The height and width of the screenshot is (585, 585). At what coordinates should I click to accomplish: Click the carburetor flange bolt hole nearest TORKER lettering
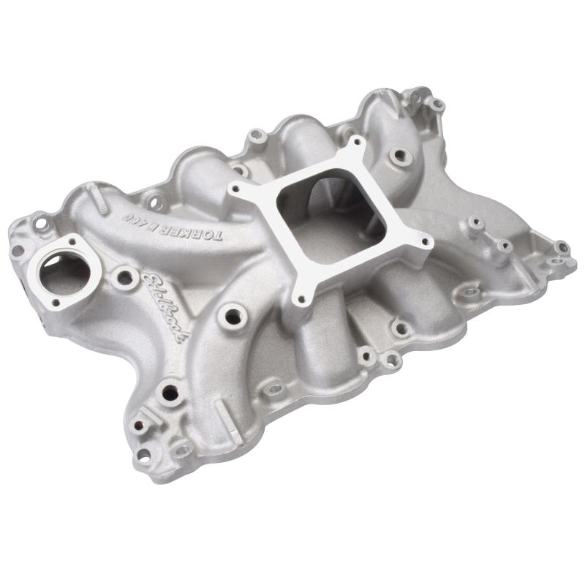[235, 189]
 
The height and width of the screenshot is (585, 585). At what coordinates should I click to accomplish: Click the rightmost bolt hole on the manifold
[563, 248]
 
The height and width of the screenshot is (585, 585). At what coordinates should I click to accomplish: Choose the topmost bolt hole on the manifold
[437, 105]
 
